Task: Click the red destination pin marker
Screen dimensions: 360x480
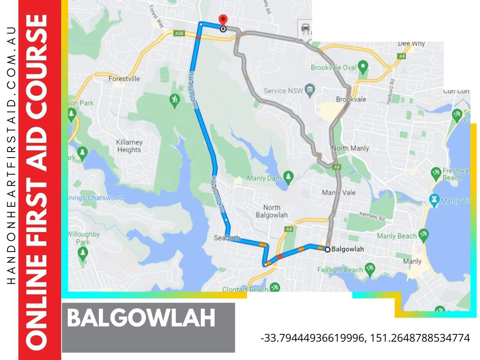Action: point(223,20)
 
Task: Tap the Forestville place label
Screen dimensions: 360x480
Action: point(124,79)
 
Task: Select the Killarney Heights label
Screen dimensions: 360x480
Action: point(129,146)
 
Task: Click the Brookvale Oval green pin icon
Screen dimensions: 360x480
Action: point(362,66)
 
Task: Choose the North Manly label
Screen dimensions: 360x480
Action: point(350,148)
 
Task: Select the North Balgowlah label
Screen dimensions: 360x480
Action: point(272,211)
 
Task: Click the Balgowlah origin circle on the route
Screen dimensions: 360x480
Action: point(327,249)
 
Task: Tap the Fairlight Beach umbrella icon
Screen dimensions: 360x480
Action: point(370,270)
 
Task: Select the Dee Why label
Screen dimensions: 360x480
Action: point(411,44)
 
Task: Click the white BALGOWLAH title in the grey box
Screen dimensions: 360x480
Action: point(141,318)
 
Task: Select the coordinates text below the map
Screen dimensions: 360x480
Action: point(365,338)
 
